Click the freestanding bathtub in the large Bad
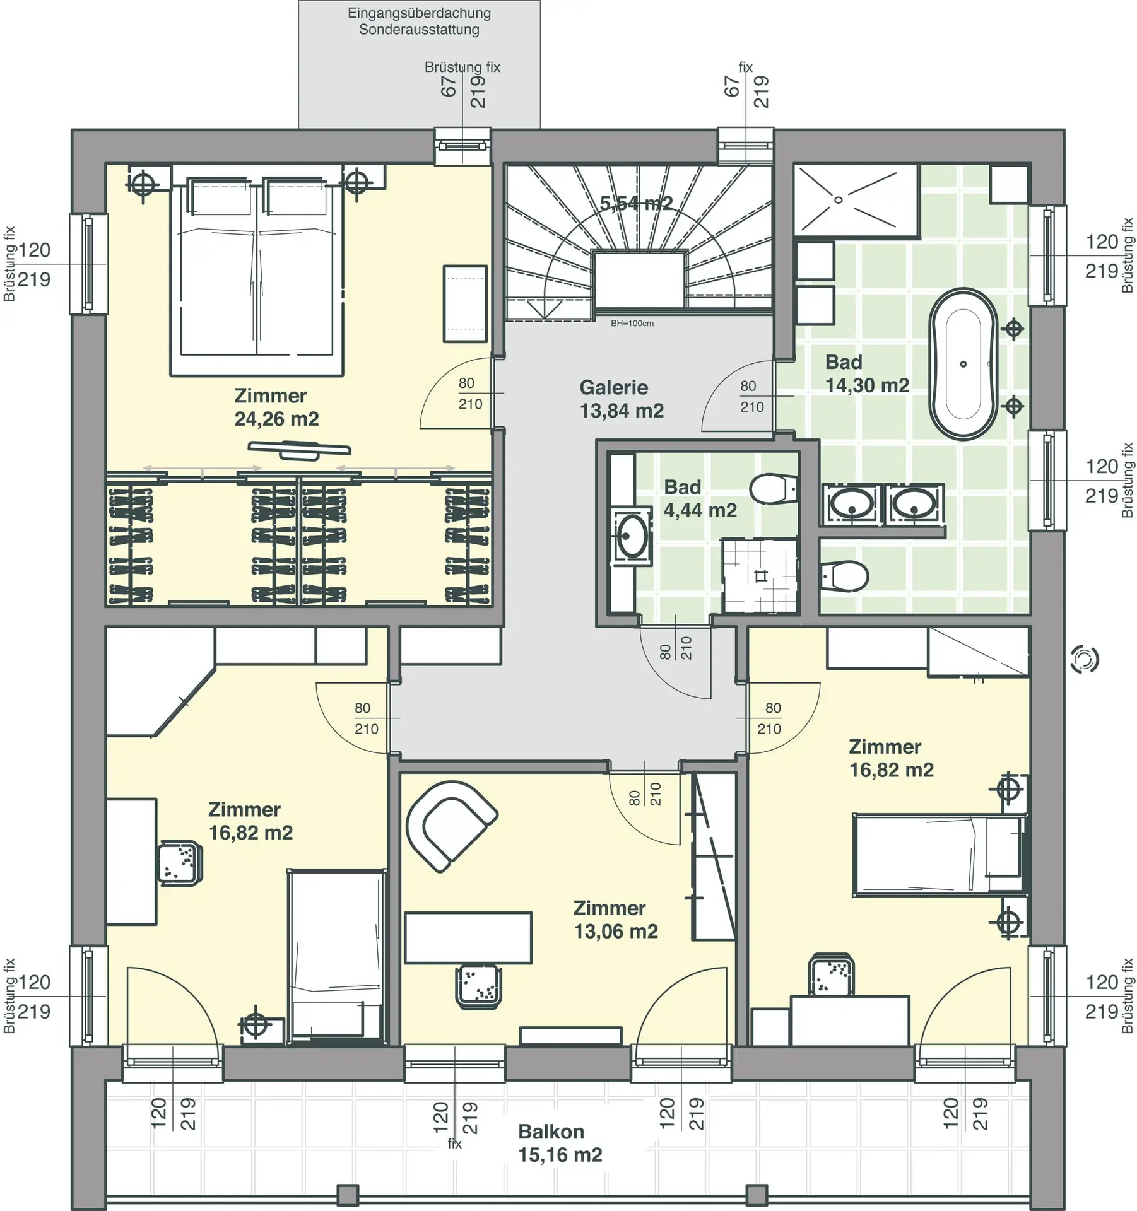(963, 364)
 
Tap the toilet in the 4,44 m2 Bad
(773, 488)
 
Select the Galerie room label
(613, 387)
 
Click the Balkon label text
(551, 1132)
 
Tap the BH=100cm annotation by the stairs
(632, 324)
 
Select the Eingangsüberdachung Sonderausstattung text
(419, 21)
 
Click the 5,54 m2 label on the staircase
(636, 203)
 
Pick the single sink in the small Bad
(632, 535)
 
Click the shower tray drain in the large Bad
(839, 200)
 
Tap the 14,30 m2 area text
(867, 385)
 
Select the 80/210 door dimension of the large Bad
(751, 396)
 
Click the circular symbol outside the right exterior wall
(1085, 659)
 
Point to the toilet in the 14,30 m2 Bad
(844, 575)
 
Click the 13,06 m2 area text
(616, 931)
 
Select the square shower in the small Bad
(760, 575)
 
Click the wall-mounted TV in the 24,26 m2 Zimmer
(299, 448)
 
